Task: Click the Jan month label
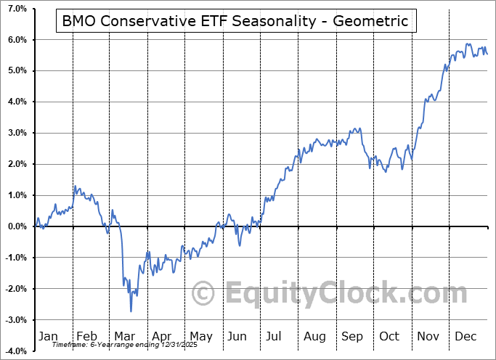coord(47,336)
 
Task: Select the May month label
coord(201,336)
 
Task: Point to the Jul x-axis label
coord(275,336)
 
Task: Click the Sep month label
coord(352,336)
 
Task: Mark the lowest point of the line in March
coord(131,311)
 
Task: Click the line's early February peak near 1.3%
coord(75,186)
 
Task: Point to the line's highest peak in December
coord(468,44)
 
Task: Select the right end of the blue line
coord(487,54)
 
